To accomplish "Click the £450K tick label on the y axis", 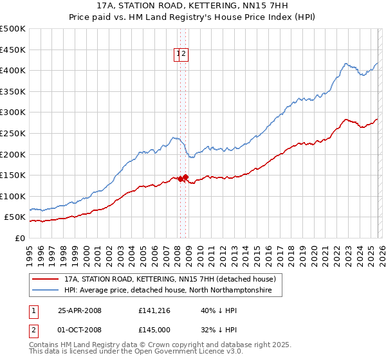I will point(13,50).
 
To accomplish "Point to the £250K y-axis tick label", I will point(13,133).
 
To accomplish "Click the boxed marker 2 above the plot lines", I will point(184,55).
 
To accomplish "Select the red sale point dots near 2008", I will point(183,178).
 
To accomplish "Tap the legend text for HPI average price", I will point(168,291).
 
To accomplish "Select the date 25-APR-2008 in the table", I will point(80,310).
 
